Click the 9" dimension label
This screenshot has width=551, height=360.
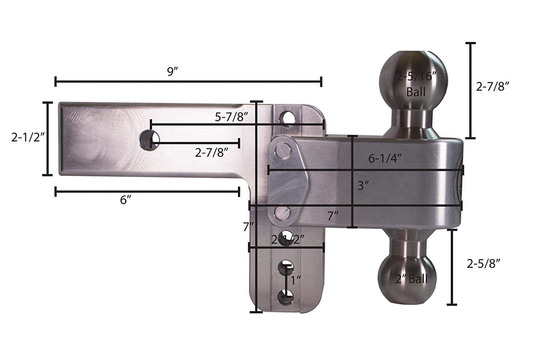(x=172, y=72)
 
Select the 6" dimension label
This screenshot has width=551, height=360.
(x=126, y=200)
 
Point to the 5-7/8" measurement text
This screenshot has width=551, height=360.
(x=232, y=117)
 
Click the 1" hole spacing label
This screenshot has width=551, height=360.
(x=296, y=281)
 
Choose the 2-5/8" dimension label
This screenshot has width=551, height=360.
(x=484, y=263)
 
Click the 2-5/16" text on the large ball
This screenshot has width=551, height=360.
(x=416, y=77)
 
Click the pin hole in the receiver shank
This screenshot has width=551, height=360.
(x=149, y=139)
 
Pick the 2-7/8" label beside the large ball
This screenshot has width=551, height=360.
(x=493, y=87)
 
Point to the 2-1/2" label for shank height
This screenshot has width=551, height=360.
(x=28, y=137)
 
